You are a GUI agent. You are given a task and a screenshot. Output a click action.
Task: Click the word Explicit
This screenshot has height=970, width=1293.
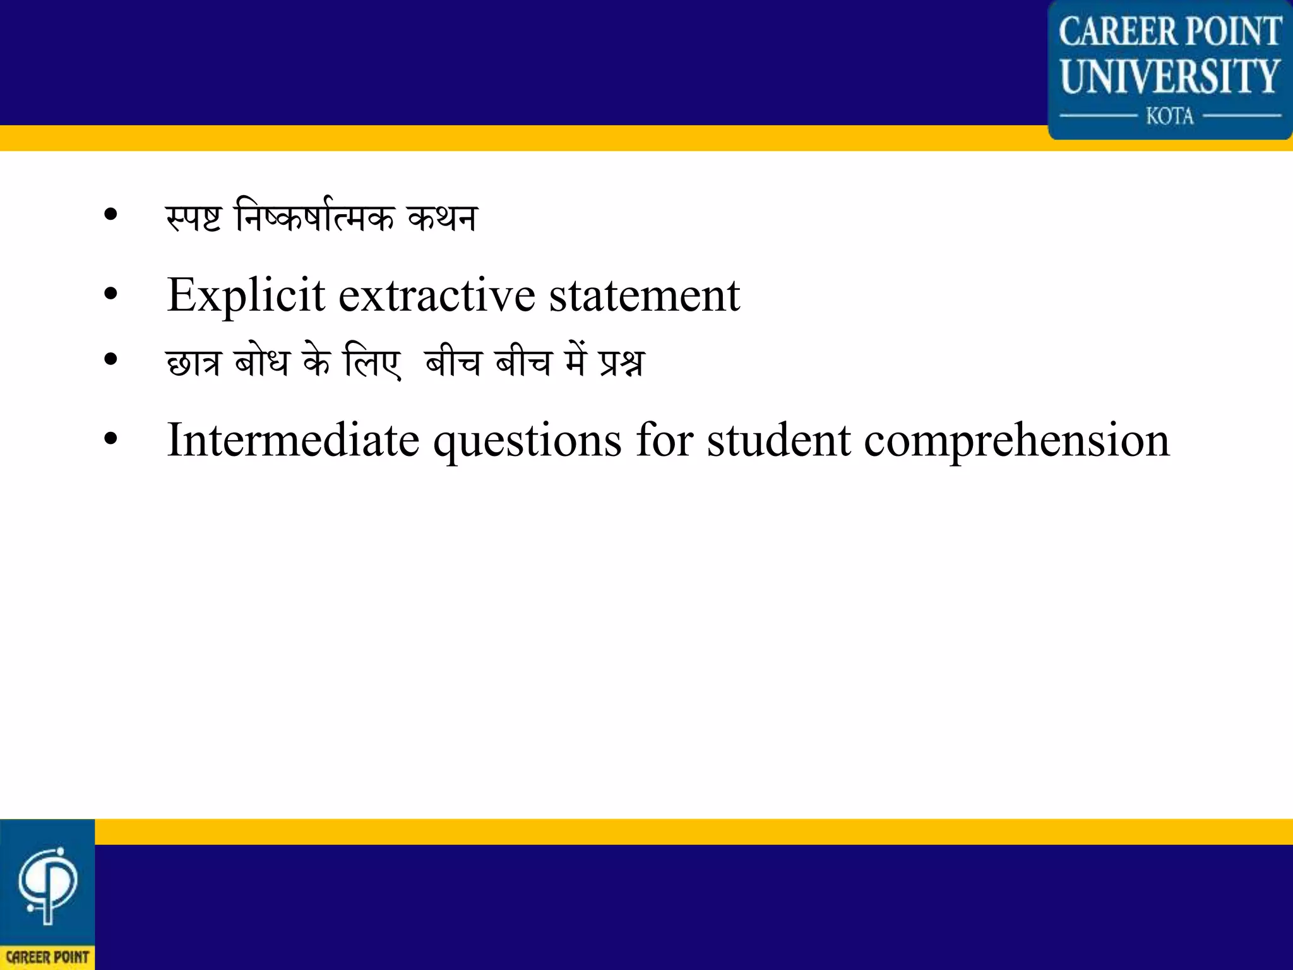(x=246, y=296)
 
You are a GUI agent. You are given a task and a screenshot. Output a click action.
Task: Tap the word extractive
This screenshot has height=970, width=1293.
(x=437, y=296)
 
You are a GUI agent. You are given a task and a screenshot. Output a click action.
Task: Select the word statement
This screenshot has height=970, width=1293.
(x=644, y=296)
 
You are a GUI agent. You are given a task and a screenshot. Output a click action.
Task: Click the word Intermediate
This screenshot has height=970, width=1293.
(x=293, y=440)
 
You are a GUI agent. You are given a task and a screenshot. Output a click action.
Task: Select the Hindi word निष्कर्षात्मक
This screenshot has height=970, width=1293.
(x=314, y=217)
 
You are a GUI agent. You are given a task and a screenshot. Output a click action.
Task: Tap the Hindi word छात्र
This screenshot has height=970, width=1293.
(x=193, y=362)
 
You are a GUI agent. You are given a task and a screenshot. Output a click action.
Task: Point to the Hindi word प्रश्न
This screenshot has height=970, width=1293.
(x=622, y=362)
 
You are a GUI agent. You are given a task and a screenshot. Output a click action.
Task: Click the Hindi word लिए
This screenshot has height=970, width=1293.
(x=372, y=362)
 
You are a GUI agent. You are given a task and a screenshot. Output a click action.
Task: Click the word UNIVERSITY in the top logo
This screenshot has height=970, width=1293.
(x=1170, y=76)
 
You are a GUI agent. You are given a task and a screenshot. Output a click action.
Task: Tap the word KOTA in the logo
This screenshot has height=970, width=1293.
(x=1170, y=116)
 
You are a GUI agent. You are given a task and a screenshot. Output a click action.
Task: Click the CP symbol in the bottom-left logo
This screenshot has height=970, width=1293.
(x=47, y=884)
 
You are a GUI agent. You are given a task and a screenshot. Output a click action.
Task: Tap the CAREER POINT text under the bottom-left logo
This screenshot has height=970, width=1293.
(x=47, y=957)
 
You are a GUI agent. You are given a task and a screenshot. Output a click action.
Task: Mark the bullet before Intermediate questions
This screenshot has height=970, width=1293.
(x=111, y=440)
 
